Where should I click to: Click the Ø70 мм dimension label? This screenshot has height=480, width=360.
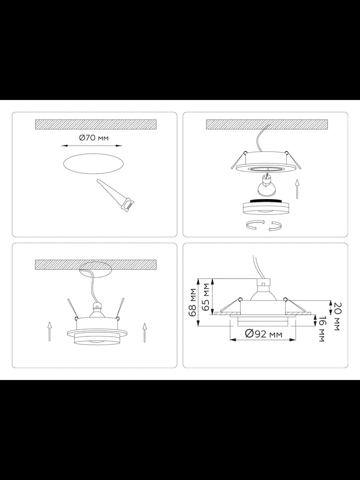(94, 138)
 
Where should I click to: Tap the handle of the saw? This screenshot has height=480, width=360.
(128, 204)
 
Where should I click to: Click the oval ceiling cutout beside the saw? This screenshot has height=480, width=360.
(94, 164)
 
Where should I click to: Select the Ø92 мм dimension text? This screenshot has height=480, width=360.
(264, 334)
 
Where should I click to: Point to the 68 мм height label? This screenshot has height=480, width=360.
(193, 302)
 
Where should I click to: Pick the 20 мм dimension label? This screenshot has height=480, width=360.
(337, 316)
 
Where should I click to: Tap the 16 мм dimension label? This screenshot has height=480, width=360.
(322, 329)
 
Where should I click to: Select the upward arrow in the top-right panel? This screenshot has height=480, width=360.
(297, 189)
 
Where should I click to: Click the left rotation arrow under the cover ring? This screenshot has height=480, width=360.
(256, 225)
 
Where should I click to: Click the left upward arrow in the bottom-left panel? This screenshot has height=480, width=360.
(50, 331)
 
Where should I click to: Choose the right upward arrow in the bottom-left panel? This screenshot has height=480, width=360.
(144, 333)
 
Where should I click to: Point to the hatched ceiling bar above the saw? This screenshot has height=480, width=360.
(96, 124)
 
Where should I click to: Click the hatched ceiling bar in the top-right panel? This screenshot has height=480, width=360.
(267, 124)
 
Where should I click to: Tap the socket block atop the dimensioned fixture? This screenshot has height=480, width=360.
(264, 282)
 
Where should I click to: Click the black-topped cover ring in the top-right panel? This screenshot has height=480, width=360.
(266, 206)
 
